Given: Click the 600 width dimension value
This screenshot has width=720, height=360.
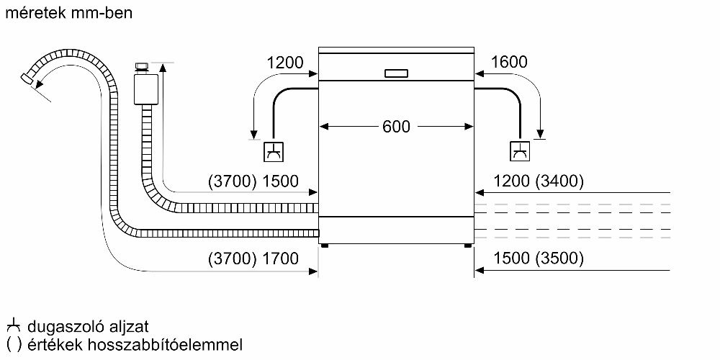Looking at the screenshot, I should pos(395,127).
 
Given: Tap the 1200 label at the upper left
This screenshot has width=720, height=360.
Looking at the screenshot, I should pos(285,63).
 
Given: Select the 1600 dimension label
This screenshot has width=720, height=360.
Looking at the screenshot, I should pos(509,63).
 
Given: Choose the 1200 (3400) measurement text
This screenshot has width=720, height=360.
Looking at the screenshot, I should pos(528,181).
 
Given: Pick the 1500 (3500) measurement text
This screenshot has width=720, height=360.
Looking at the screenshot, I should pos(528,258).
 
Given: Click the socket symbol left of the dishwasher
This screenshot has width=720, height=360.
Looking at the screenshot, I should pos(274,152).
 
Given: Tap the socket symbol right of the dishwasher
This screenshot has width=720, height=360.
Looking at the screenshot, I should pos(519,152).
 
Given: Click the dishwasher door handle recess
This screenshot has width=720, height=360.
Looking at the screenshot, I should pos(396,73).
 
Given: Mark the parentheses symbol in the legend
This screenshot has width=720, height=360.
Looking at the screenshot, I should pos(14,344).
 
